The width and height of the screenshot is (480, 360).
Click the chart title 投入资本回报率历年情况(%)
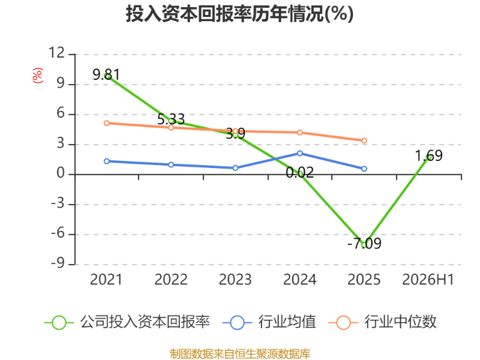(239, 14)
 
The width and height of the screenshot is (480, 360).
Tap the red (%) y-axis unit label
(38, 76)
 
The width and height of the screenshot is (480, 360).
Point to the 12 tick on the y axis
(57, 53)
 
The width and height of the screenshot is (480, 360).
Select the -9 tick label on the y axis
(58, 263)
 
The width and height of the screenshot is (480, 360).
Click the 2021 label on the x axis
(106, 280)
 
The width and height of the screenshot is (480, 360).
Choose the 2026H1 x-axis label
(428, 280)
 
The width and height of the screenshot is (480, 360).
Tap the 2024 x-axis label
(299, 280)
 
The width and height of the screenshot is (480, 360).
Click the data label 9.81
(106, 74)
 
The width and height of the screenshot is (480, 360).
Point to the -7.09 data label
(364, 244)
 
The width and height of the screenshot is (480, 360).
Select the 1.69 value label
(428, 156)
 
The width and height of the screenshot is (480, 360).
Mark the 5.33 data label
(171, 119)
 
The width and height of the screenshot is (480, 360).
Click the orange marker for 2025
(364, 141)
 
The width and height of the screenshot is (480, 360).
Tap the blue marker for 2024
(299, 154)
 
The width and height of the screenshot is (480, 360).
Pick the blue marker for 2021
(107, 161)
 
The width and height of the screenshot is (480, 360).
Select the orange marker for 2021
(107, 123)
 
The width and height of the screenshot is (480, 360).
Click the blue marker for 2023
(235, 168)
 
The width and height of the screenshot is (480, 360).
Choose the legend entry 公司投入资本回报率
(127, 322)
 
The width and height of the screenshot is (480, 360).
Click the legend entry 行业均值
(269, 322)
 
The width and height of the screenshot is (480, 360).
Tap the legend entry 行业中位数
(382, 322)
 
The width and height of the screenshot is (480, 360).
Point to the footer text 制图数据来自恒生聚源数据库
(240, 354)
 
